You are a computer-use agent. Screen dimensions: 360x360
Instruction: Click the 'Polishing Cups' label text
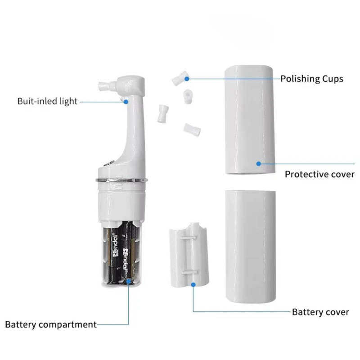(312, 79)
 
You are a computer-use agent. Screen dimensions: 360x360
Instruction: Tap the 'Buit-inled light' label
(47, 101)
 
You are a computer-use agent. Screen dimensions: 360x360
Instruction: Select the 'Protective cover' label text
(319, 174)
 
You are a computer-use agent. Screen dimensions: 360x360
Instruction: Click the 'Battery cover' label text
(320, 311)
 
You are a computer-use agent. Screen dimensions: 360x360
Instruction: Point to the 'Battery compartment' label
(50, 324)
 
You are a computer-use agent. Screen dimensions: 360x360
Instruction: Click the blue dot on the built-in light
(126, 102)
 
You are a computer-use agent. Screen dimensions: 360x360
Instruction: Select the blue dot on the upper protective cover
(258, 163)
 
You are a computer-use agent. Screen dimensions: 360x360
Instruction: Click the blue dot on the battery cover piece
(193, 284)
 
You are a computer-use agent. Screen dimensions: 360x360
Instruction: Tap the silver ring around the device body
(121, 180)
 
